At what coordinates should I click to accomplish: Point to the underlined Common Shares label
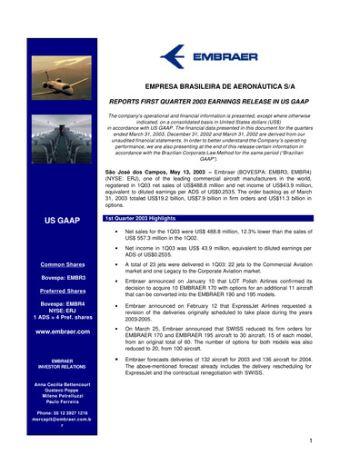click(x=51, y=264)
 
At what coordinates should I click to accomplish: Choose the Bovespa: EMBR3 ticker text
click(x=51, y=277)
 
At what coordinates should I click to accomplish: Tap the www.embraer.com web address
click(x=51, y=332)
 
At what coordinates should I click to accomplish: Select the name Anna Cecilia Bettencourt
click(x=51, y=385)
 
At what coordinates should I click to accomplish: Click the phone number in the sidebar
click(x=51, y=412)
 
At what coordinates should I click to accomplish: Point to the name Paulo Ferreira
click(x=51, y=398)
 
